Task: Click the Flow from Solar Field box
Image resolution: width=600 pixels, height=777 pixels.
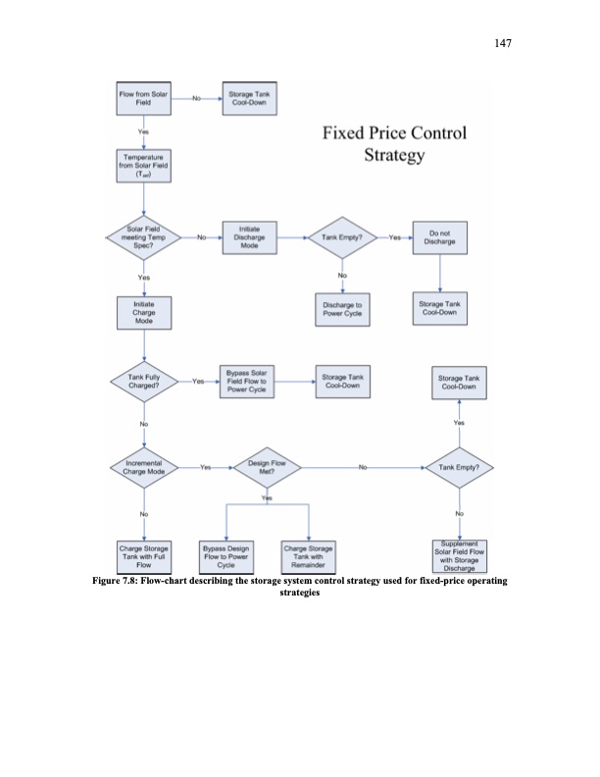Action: point(143,98)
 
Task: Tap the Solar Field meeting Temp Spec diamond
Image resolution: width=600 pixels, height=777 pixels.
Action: point(143,237)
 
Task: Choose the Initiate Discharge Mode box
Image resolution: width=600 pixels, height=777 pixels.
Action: point(249,237)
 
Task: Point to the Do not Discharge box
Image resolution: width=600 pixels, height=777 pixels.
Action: point(440,237)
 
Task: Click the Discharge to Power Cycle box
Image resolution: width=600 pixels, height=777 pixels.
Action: point(342,309)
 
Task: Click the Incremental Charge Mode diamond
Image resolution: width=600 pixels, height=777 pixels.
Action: point(143,466)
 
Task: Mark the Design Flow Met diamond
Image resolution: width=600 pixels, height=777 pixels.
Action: point(265,466)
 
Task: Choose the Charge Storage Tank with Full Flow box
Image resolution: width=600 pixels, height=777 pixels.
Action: point(143,554)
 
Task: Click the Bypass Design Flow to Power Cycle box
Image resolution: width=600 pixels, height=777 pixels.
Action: point(227,554)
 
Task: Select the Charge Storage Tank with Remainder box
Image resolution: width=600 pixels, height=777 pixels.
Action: point(309,554)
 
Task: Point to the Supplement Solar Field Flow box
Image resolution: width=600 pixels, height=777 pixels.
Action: point(459,554)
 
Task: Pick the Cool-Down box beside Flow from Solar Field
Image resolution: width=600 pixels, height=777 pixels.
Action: point(249,98)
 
